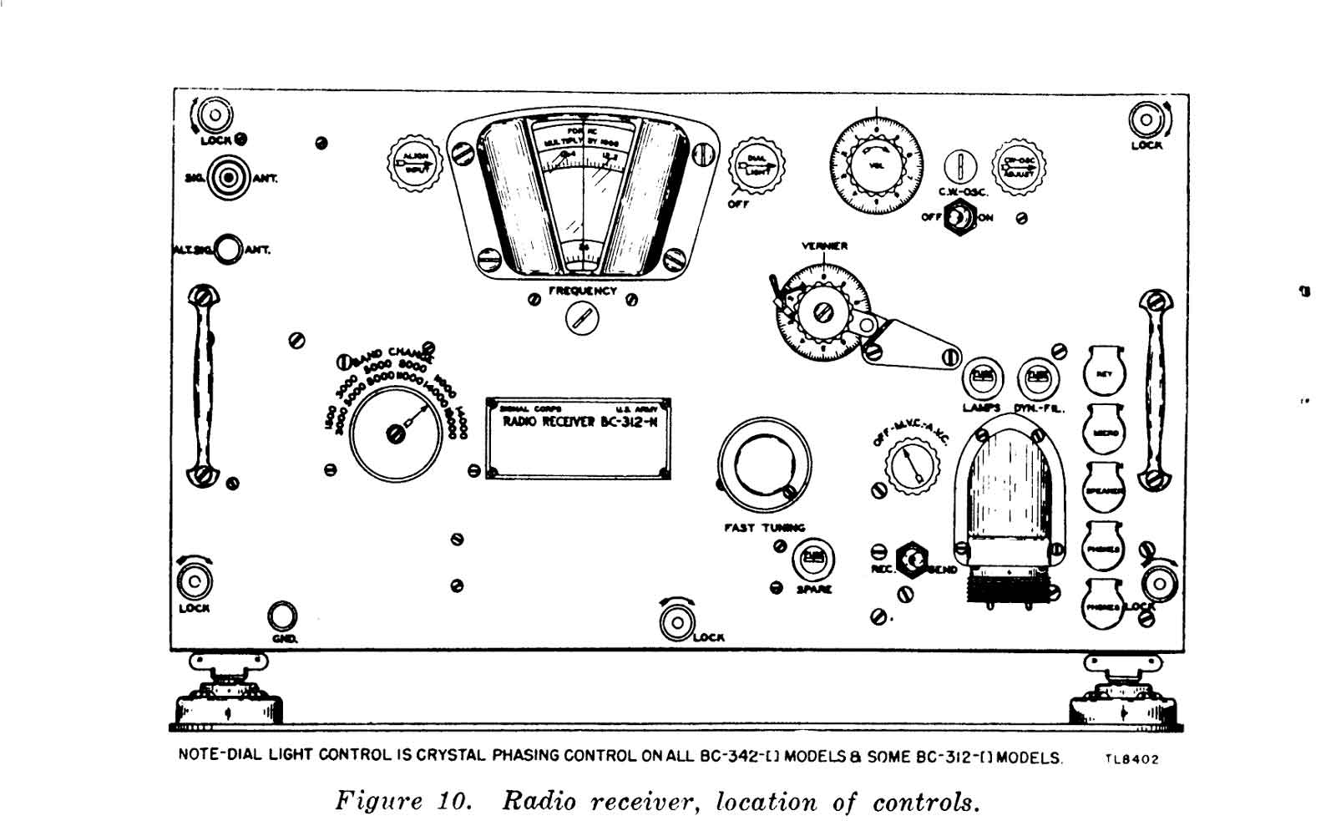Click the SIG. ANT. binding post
(228, 177)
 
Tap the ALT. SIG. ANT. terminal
(227, 249)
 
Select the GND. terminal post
(281, 617)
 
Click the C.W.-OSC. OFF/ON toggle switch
(958, 217)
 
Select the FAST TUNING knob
(763, 465)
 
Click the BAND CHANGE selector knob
(395, 433)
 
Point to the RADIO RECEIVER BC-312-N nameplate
(579, 438)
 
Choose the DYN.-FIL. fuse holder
(1037, 379)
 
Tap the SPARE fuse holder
(812, 559)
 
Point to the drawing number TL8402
(1131, 759)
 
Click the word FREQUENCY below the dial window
(582, 291)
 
